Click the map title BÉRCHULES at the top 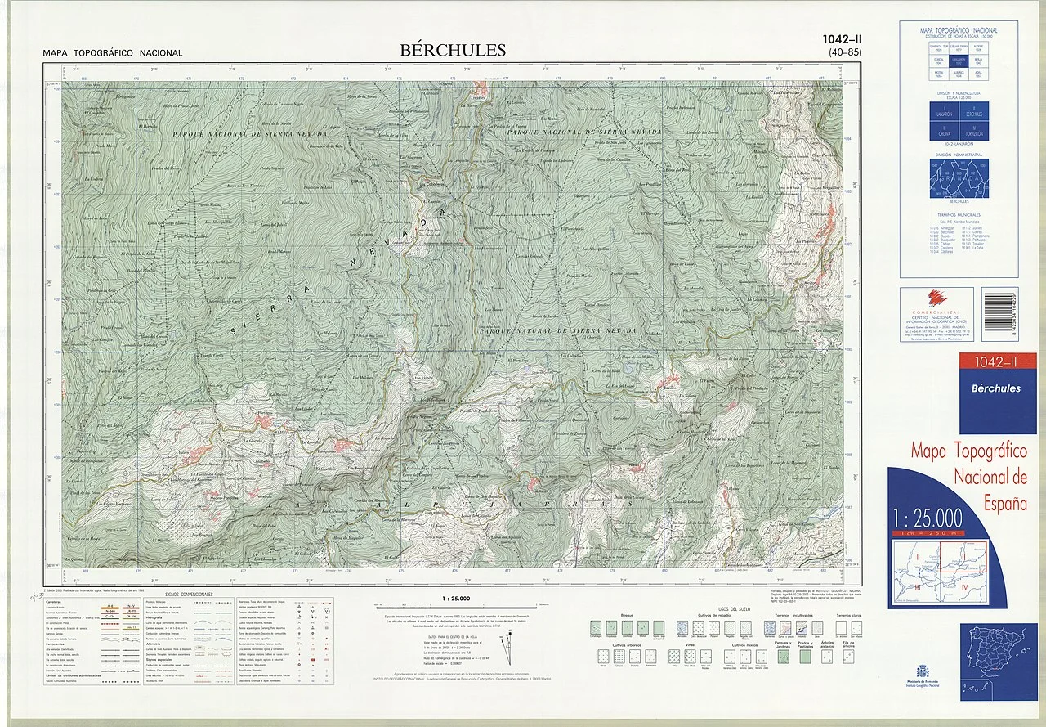click(453, 51)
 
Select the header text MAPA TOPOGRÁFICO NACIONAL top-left click(113, 53)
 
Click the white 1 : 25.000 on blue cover click(928, 518)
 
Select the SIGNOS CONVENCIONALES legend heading click(189, 595)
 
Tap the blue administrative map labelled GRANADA click(959, 178)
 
